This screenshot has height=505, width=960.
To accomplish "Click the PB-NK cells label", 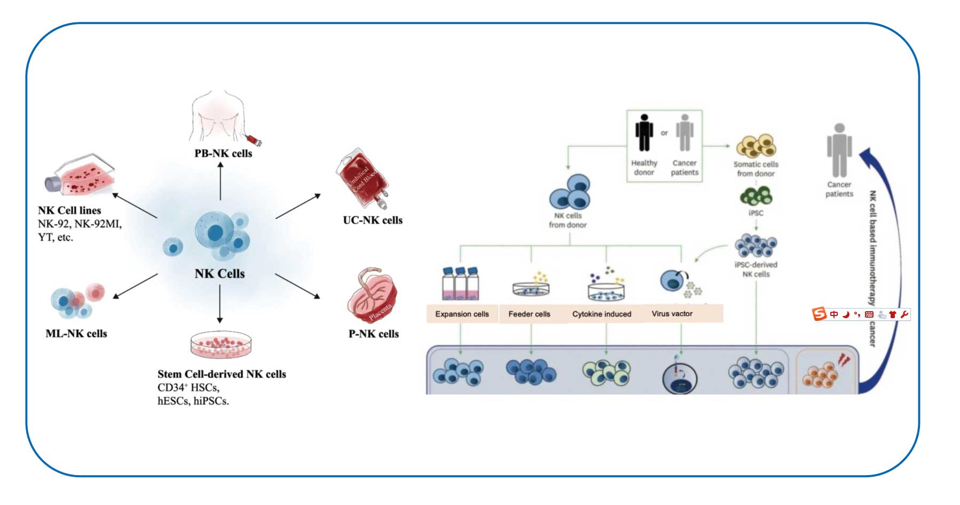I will [x=223, y=153].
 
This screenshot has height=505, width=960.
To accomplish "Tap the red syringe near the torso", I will [x=255, y=140].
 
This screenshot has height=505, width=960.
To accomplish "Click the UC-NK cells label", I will [x=373, y=220].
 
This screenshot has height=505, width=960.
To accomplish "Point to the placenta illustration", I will [x=373, y=297].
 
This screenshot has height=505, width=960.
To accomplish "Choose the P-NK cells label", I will [x=374, y=334].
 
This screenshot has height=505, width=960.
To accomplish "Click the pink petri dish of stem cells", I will [x=221, y=344].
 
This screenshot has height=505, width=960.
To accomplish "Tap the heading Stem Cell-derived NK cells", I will [x=222, y=374].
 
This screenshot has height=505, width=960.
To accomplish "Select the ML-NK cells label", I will [x=76, y=334].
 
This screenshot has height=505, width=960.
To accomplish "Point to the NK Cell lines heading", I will [x=69, y=210].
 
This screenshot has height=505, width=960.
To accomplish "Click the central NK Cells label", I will [x=219, y=273].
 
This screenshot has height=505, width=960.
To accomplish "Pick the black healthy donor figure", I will [x=644, y=133].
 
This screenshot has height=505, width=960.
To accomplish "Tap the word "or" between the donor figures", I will [x=664, y=133].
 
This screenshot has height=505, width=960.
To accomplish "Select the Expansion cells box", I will [x=462, y=314].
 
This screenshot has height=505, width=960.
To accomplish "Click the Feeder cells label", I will [x=529, y=314].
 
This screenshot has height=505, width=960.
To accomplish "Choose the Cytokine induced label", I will [x=602, y=314].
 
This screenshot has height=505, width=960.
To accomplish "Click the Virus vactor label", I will [x=672, y=313].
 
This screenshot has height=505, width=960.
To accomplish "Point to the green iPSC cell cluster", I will [x=756, y=196].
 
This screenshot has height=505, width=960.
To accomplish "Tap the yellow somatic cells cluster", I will [x=756, y=145].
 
